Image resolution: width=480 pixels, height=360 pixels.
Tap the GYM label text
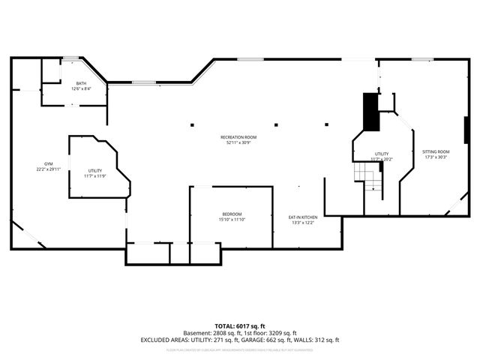(48, 163)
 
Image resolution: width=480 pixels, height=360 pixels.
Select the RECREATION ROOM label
(238, 137)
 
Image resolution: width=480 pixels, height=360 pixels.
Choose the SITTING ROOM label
(435, 152)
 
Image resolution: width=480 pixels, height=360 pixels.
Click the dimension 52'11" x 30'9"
(238, 142)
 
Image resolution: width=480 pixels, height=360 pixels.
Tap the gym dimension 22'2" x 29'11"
(48, 169)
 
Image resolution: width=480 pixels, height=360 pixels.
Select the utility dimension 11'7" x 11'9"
(94, 176)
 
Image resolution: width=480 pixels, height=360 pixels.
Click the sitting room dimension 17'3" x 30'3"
(435, 157)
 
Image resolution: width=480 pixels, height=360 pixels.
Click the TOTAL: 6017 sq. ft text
(239, 326)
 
